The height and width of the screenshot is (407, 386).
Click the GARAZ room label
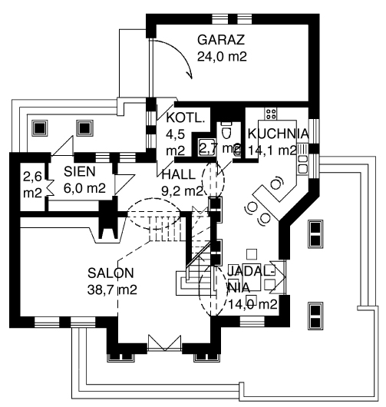pyautogui.click(x=221, y=40)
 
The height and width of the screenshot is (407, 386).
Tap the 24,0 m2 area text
pyautogui.click(x=222, y=56)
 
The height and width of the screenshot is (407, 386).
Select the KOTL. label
pyautogui.click(x=186, y=117)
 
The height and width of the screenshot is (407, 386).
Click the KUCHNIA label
pyautogui.click(x=279, y=134)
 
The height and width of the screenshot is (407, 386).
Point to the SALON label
pyautogui.click(x=111, y=273)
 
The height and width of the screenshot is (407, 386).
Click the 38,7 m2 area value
pyautogui.click(x=112, y=290)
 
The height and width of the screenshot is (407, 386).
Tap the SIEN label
pyautogui.click(x=80, y=171)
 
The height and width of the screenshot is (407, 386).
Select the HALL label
pyautogui.click(x=179, y=174)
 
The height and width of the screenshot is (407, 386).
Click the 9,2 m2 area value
pyautogui.click(x=182, y=191)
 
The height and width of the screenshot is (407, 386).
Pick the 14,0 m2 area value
pyautogui.click(x=252, y=304)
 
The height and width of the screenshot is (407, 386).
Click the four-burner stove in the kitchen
pyautogui.click(x=271, y=114)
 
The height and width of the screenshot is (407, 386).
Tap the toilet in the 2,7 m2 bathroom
pyautogui.click(x=226, y=133)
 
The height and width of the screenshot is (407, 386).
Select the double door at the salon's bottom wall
pyautogui.click(x=164, y=343)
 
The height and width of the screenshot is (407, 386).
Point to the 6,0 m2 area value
pyautogui.click(x=85, y=188)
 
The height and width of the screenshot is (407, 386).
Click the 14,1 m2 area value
pyautogui.click(x=272, y=150)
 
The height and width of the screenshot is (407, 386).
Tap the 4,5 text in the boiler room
pyautogui.click(x=176, y=134)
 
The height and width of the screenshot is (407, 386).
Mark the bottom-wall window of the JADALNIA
pyautogui.click(x=252, y=321)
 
